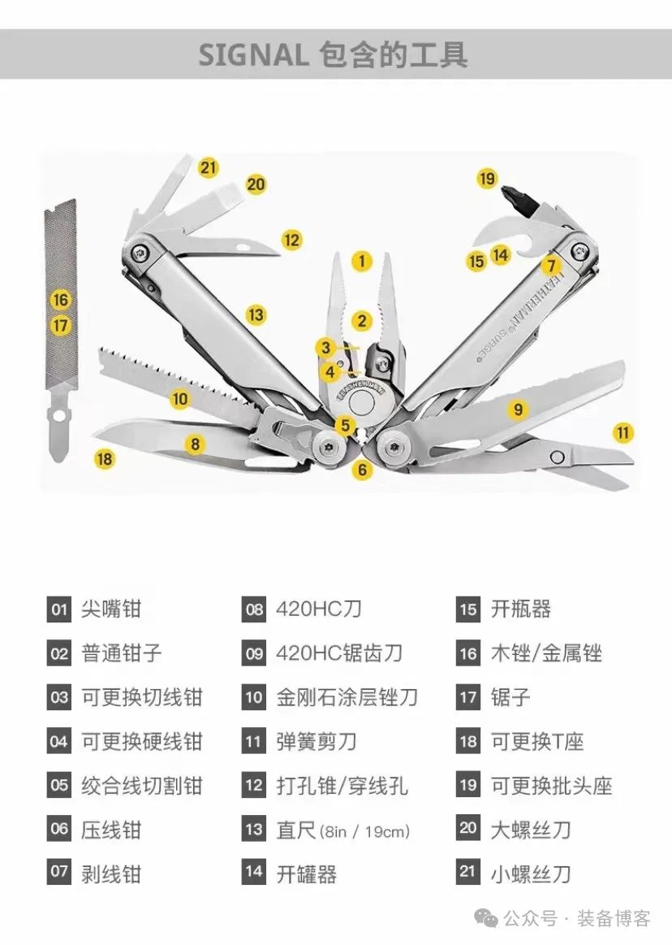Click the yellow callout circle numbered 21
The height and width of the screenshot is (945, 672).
coord(209,168)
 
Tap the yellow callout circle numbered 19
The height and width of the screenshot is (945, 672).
coord(487,178)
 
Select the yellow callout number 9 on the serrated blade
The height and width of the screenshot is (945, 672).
coord(519,409)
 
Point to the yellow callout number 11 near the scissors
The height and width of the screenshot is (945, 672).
coord(622,432)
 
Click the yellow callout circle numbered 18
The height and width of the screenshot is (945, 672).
coord(104,459)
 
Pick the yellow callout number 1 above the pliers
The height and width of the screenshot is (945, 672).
coord(361,262)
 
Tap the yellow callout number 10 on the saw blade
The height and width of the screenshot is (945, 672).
coord(180,399)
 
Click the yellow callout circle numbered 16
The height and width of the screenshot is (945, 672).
coord(61,300)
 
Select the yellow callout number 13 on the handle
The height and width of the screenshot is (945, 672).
coord(256,314)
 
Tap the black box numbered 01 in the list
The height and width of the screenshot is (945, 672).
coord(59,609)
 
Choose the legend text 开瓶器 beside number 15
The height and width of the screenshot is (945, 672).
coord(521,609)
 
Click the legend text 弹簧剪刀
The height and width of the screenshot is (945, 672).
coord(317,741)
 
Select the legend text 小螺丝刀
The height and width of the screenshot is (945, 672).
coord(531,873)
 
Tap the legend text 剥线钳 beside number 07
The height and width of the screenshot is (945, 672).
coord(111,873)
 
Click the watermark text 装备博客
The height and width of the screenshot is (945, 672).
coord(614,919)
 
